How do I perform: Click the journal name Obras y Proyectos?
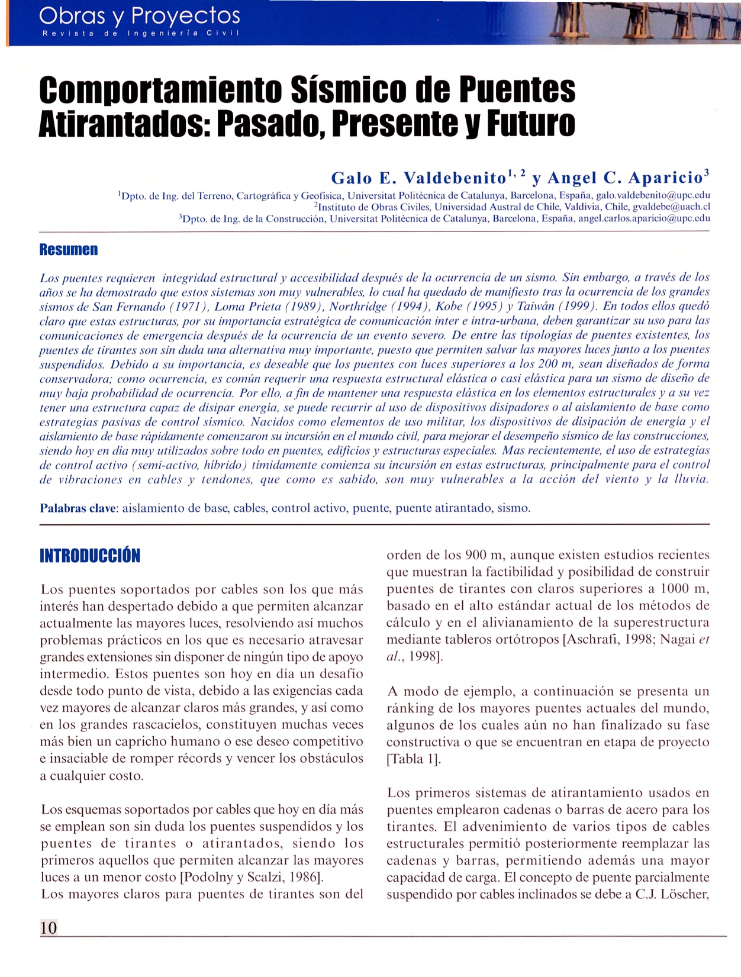140,15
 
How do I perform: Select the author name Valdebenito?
455,178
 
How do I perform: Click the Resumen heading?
69,250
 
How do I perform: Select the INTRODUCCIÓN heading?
90,556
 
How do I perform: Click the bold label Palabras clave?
78,508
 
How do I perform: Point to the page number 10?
49,927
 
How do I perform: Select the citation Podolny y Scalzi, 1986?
251,877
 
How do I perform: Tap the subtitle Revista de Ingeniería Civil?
140,33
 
